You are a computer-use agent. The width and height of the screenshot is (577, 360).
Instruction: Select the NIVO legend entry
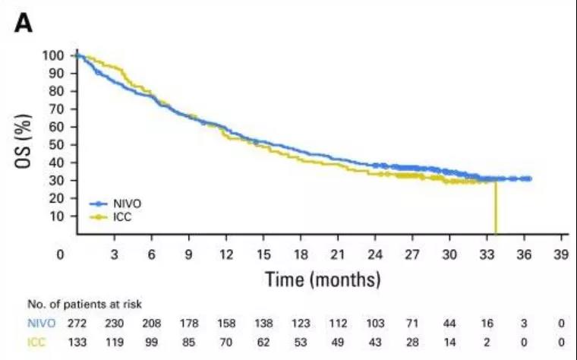click(125, 204)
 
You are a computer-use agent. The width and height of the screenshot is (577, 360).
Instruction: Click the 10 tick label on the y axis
click(57, 216)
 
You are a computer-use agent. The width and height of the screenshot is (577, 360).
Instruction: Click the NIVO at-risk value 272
click(77, 324)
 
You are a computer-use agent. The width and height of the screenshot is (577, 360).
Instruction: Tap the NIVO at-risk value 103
click(375, 324)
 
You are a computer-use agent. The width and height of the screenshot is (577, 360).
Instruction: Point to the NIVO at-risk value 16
click(487, 324)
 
